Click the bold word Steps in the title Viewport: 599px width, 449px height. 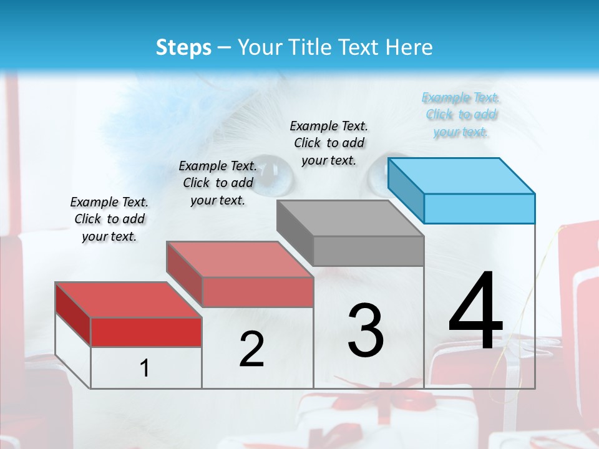(x=183, y=47)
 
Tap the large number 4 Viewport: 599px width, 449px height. (x=475, y=312)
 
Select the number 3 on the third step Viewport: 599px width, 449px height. (x=366, y=330)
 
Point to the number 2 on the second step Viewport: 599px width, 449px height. (x=251, y=349)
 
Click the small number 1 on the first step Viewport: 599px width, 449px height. (x=145, y=369)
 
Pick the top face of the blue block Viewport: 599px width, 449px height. (x=461, y=175)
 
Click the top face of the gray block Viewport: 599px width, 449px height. (x=350, y=218)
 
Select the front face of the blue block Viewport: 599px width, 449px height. (x=479, y=208)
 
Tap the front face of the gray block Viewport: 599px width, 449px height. (x=368, y=251)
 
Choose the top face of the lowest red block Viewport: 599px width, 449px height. (x=128, y=300)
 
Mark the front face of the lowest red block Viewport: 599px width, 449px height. (x=146, y=332)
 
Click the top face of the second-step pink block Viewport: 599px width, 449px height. (x=239, y=259)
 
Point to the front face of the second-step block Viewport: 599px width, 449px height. (x=257, y=292)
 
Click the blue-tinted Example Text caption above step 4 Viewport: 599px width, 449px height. (x=460, y=115)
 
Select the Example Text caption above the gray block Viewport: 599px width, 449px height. (x=329, y=143)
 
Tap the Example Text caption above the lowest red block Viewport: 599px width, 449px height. (x=109, y=219)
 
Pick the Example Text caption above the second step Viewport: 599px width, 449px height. (x=218, y=183)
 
